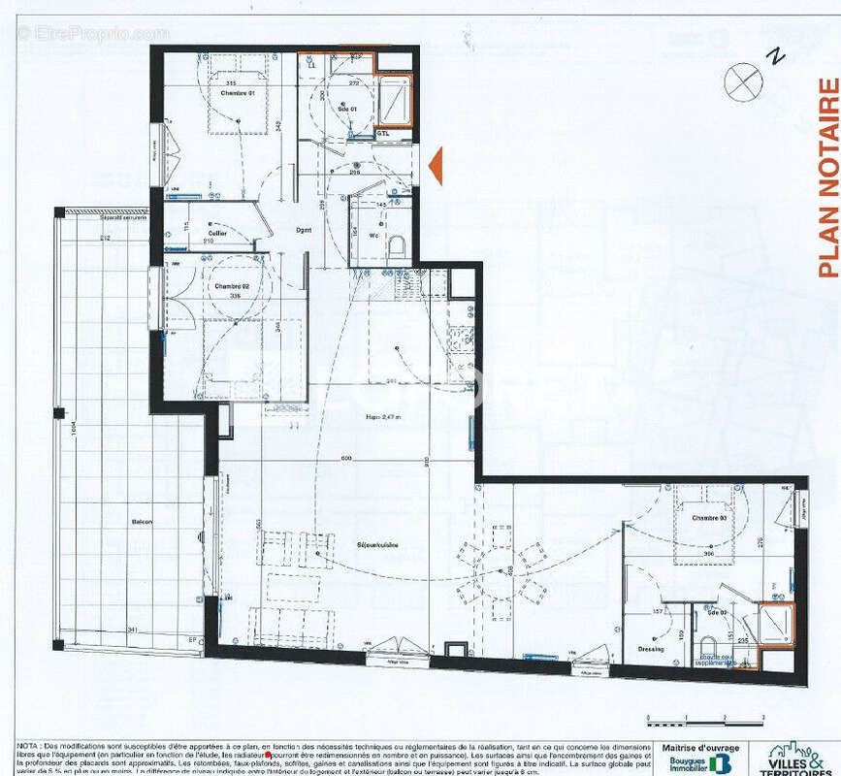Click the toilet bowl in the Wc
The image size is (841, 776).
[395, 247]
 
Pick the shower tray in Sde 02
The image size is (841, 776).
[776, 625]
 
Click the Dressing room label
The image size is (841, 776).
[650, 649]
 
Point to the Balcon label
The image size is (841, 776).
[143, 522]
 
